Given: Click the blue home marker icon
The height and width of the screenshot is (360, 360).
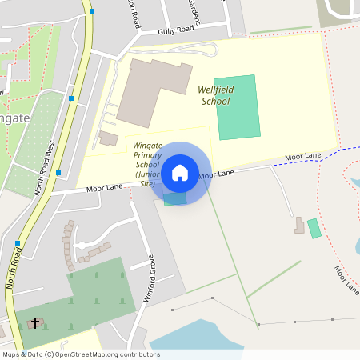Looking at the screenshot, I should pyautogui.click(x=180, y=172).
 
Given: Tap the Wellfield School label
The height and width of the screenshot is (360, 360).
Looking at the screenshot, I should pyautogui.click(x=214, y=96).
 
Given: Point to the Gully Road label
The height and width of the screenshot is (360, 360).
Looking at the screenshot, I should pyautogui.click(x=176, y=30).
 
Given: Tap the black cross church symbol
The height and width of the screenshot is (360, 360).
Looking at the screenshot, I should pyautogui.click(x=34, y=323).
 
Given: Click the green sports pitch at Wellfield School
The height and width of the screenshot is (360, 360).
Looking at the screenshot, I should pyautogui.click(x=237, y=106).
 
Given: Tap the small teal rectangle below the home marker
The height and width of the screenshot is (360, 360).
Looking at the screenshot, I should pyautogui.click(x=174, y=198).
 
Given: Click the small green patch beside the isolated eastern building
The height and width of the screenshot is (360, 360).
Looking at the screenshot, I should pyautogui.click(x=314, y=227).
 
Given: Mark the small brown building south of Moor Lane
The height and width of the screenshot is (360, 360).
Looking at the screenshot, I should pyautogui.click(x=299, y=226).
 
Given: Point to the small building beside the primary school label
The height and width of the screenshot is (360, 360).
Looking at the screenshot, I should pyautogui.click(x=108, y=138).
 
